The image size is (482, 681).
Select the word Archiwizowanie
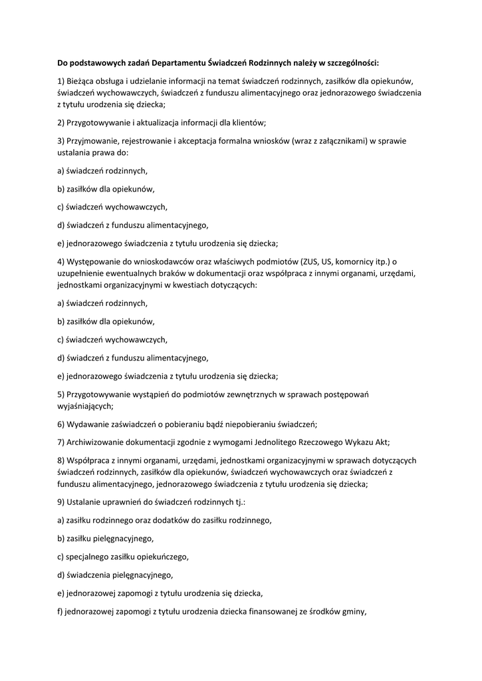point(98,442)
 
